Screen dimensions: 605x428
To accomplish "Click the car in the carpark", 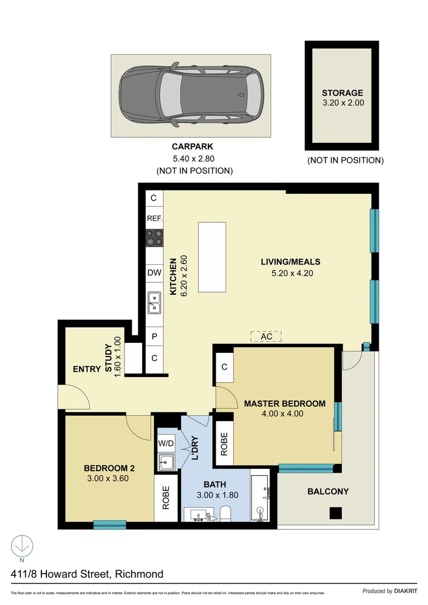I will click(191, 95).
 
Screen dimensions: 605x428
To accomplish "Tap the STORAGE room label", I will click(342, 93).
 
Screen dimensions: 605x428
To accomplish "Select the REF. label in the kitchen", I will click(154, 218).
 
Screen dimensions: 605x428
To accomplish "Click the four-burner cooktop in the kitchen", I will click(154, 238).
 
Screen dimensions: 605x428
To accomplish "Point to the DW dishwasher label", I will click(154, 273).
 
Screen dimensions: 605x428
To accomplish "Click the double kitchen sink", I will click(154, 303).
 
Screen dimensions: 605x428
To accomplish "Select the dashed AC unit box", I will click(266, 336).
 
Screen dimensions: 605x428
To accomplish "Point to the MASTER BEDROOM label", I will click(285, 403).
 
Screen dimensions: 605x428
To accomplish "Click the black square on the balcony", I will click(336, 512).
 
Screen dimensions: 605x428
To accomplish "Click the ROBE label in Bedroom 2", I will click(166, 500).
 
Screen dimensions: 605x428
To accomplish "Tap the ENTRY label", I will click(87, 369).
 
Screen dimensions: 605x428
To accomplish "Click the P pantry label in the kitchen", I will click(154, 337).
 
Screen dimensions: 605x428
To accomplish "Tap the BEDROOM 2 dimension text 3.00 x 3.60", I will click(109, 480).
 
